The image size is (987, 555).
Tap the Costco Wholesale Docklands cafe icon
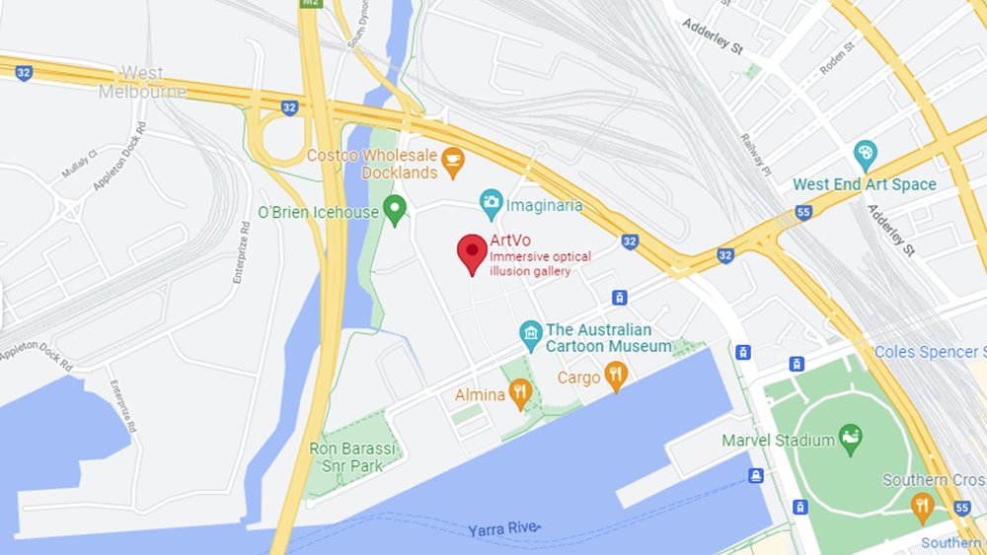(x=452, y=163)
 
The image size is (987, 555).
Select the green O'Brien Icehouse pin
(x=395, y=208)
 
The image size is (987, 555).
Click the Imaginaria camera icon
(x=491, y=204)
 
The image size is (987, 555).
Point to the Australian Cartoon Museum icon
(x=531, y=335)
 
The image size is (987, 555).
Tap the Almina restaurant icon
(x=520, y=394)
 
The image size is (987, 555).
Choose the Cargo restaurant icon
(x=616, y=375)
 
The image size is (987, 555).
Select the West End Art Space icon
(x=865, y=154)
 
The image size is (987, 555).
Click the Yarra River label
(x=506, y=529)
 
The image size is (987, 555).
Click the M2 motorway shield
(x=312, y=5)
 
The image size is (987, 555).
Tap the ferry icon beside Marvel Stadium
(x=756, y=476)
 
